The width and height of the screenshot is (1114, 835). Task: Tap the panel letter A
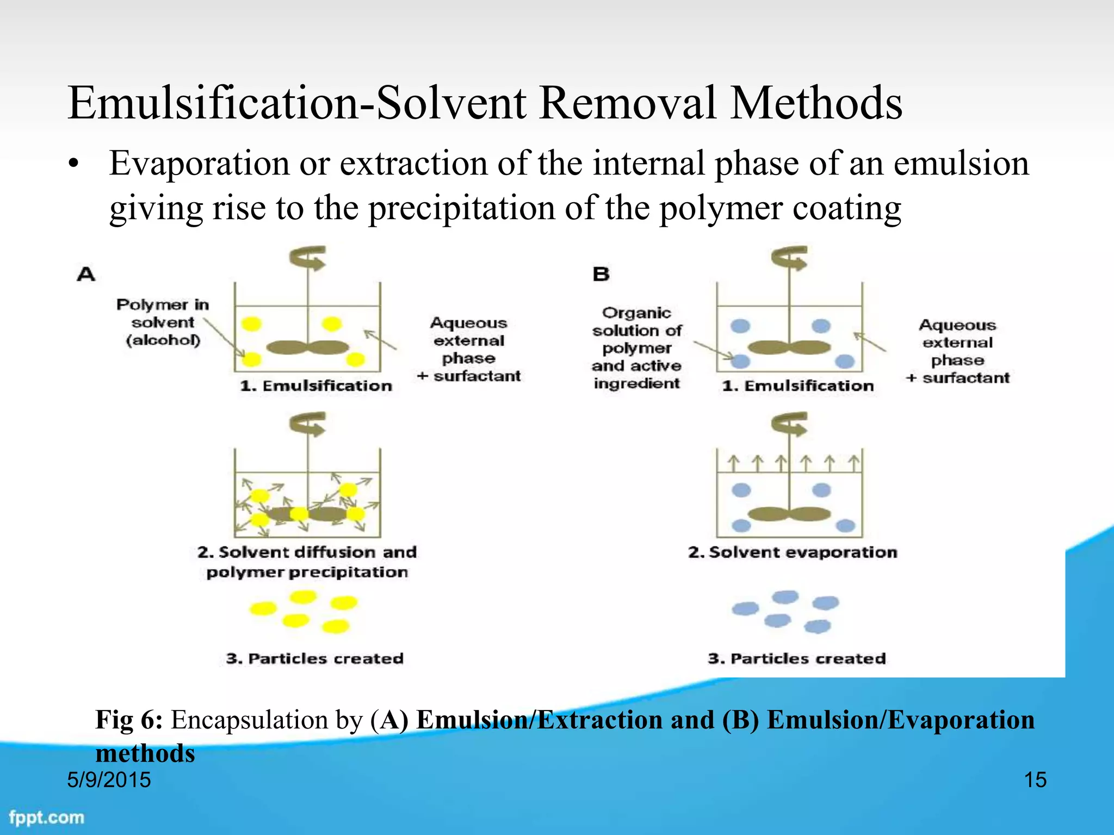[86, 273]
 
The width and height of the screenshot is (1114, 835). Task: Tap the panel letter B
[601, 273]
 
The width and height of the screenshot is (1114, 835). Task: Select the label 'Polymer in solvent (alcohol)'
[163, 322]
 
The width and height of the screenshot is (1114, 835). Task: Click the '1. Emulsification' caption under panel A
[316, 386]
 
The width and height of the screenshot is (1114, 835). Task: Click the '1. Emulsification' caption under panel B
[798, 386]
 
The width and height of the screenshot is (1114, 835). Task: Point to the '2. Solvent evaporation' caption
[793, 552]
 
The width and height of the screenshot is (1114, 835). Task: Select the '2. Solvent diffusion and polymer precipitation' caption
[307, 562]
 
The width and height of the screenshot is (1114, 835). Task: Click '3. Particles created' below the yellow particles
[315, 658]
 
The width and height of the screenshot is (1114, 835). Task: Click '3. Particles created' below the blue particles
[797, 658]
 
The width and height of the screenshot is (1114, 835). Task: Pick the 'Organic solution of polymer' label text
[636, 331]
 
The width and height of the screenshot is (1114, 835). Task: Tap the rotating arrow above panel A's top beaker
[308, 258]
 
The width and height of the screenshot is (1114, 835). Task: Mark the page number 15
[1035, 780]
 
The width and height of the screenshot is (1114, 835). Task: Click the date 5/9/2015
[109, 780]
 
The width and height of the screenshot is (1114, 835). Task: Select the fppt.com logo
[47, 817]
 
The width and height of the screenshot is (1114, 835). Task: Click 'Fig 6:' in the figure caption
[129, 720]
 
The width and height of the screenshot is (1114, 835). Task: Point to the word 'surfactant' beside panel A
[477, 376]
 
